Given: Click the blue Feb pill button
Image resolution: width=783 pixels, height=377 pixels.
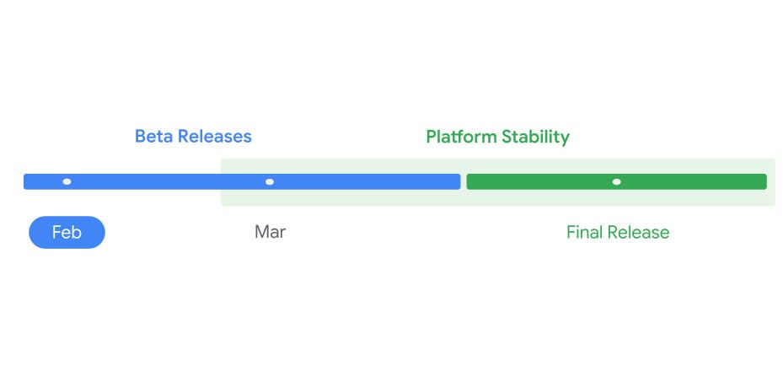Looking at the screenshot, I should [x=67, y=233].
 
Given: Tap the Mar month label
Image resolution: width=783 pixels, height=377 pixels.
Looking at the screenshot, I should [x=270, y=232].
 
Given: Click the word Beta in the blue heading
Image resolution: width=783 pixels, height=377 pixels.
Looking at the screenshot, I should [x=153, y=137].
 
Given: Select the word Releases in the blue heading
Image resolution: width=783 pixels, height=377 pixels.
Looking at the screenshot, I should [x=213, y=137].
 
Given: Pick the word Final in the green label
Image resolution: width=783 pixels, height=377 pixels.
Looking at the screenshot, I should [x=586, y=233].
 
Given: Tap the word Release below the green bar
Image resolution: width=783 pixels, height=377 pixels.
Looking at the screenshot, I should [x=640, y=233].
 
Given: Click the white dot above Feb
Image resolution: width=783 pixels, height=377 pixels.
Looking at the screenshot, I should [x=67, y=181].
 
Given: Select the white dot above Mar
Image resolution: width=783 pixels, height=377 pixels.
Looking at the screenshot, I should [x=270, y=181].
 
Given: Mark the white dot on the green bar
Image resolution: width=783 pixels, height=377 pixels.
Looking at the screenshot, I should [x=617, y=181].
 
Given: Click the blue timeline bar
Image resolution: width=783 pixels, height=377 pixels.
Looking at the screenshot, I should [x=169, y=181].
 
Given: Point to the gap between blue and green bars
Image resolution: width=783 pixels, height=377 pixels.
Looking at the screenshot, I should [x=464, y=181].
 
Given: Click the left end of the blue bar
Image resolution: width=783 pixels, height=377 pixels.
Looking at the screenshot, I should [x=27, y=181].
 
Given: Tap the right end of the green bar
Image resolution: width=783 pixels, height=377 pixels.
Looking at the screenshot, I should [x=764, y=181].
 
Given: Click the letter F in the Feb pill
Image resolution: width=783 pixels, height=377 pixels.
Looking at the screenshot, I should [x=56, y=233].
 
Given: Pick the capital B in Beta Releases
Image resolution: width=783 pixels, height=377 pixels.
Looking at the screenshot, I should [x=140, y=137].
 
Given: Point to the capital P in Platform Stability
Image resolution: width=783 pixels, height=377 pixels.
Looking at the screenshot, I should [x=431, y=137].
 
